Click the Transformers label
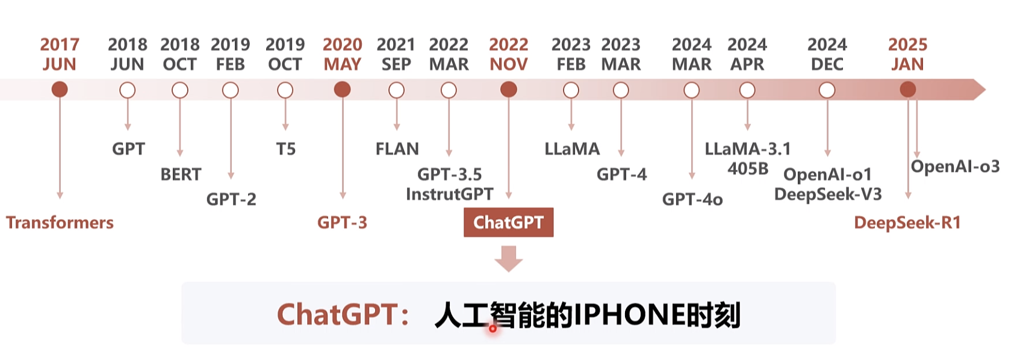(x=60, y=223)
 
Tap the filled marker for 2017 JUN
(x=60, y=90)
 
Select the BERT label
(x=181, y=175)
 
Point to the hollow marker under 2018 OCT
(x=180, y=90)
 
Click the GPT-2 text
(x=231, y=199)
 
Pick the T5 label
(x=286, y=149)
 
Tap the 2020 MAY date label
(x=342, y=54)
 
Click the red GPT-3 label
(x=342, y=223)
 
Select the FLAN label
(x=397, y=149)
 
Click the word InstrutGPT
(x=449, y=194)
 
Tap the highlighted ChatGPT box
(x=508, y=223)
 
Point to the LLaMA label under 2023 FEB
(x=572, y=149)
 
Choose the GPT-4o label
(x=692, y=199)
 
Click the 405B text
(x=748, y=169)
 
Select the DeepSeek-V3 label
(x=828, y=194)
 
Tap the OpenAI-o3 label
(x=955, y=166)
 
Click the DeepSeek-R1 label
(x=907, y=223)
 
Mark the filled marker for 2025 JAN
(x=907, y=90)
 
